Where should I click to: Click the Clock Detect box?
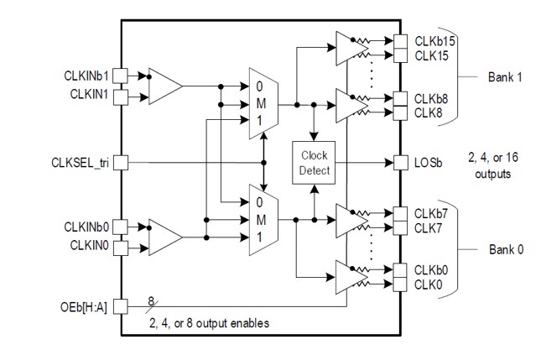(313, 161)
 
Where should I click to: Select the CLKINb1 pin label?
(86, 75)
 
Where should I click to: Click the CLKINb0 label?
(86, 226)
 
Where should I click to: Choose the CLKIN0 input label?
(89, 248)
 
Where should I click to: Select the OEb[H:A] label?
(87, 307)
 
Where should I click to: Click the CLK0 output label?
(428, 285)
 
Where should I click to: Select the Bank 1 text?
(506, 76)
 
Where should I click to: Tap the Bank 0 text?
(506, 250)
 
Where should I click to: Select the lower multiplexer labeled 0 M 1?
(262, 220)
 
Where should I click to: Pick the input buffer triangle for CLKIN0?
(164, 237)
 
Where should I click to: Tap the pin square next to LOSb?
(400, 161)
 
